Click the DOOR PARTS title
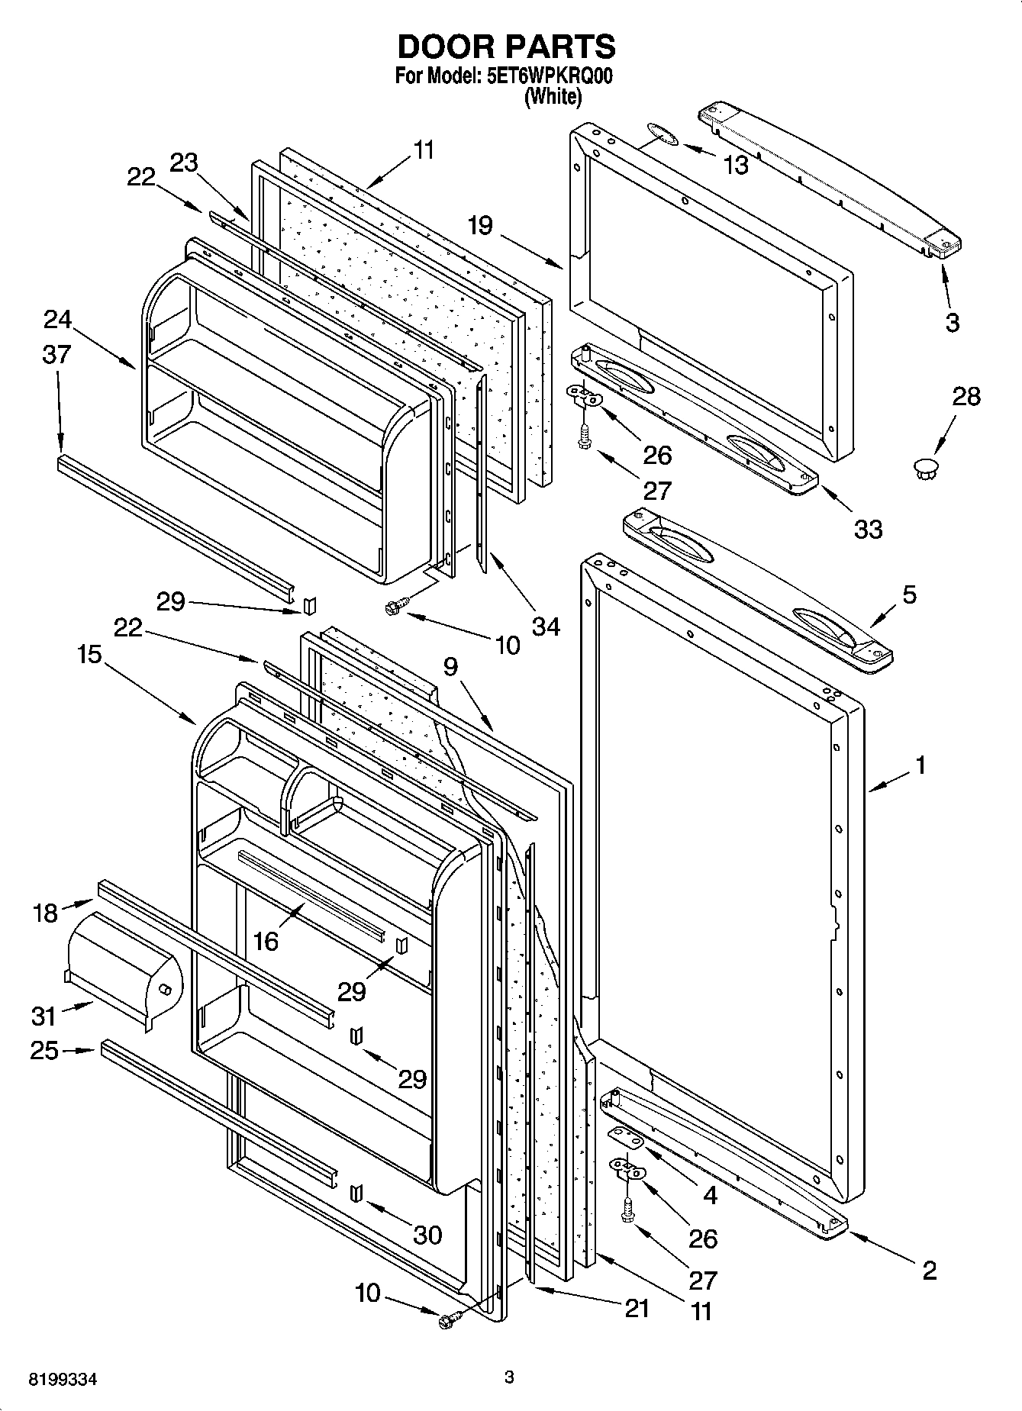(x=506, y=47)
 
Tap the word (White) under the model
(x=553, y=97)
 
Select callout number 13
(x=736, y=165)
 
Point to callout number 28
(x=966, y=397)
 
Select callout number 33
(x=868, y=529)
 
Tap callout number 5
(x=909, y=594)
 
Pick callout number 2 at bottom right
(x=929, y=1270)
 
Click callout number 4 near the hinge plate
(x=710, y=1194)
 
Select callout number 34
(x=546, y=627)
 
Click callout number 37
(x=56, y=354)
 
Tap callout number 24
(x=57, y=319)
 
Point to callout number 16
(x=266, y=941)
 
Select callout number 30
(x=427, y=1234)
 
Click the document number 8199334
(x=63, y=1380)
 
